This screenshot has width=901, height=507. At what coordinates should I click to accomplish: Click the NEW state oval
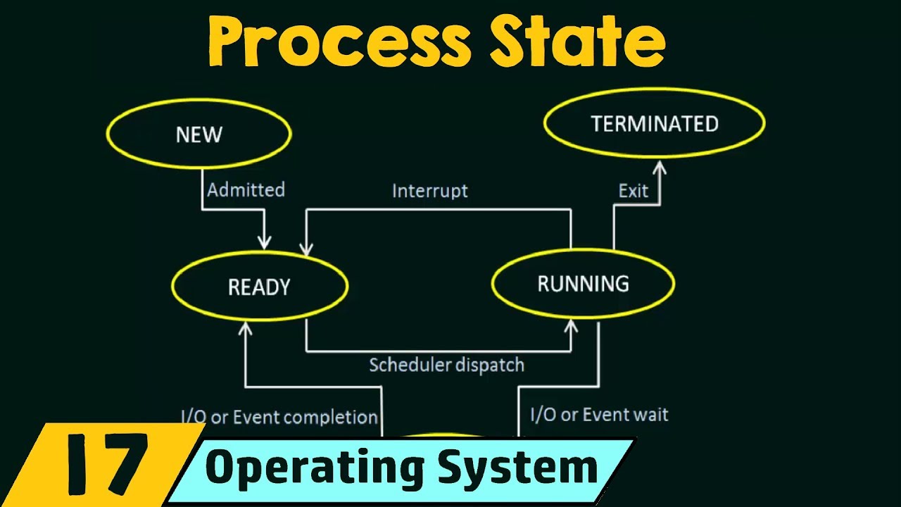199,134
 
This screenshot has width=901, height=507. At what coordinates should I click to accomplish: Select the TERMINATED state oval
654,124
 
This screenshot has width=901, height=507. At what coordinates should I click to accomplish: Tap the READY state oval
259,287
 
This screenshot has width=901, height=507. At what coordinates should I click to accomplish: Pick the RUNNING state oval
583,283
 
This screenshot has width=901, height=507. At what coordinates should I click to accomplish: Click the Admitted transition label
246,189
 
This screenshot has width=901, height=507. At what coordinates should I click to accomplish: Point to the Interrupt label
429,191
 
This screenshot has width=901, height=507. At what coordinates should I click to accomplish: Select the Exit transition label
633,191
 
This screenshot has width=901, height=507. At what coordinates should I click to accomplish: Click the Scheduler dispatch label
446,365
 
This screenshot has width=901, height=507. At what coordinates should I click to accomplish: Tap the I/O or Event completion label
279,417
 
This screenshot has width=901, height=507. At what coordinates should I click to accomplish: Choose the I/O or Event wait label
599,414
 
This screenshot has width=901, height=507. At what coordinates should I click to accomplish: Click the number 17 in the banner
105,465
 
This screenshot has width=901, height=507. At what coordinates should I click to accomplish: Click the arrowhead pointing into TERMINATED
660,167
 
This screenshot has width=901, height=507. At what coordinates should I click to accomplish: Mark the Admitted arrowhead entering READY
264,242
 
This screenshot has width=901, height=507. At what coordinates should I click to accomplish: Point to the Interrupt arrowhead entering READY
306,247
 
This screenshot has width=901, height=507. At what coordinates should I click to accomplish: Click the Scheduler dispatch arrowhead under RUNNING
572,327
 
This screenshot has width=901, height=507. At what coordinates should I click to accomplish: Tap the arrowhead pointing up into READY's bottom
245,328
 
